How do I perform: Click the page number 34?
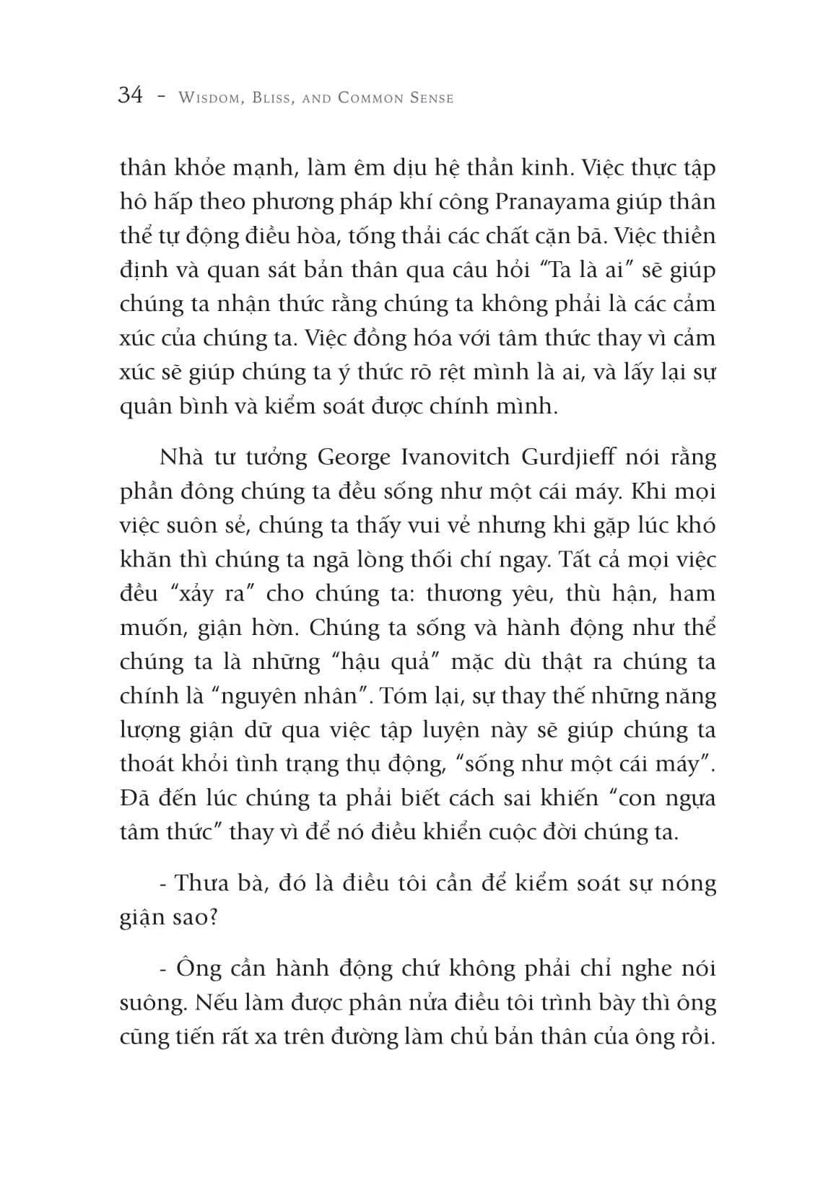pos(131,96)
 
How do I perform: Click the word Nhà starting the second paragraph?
pos(177,458)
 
